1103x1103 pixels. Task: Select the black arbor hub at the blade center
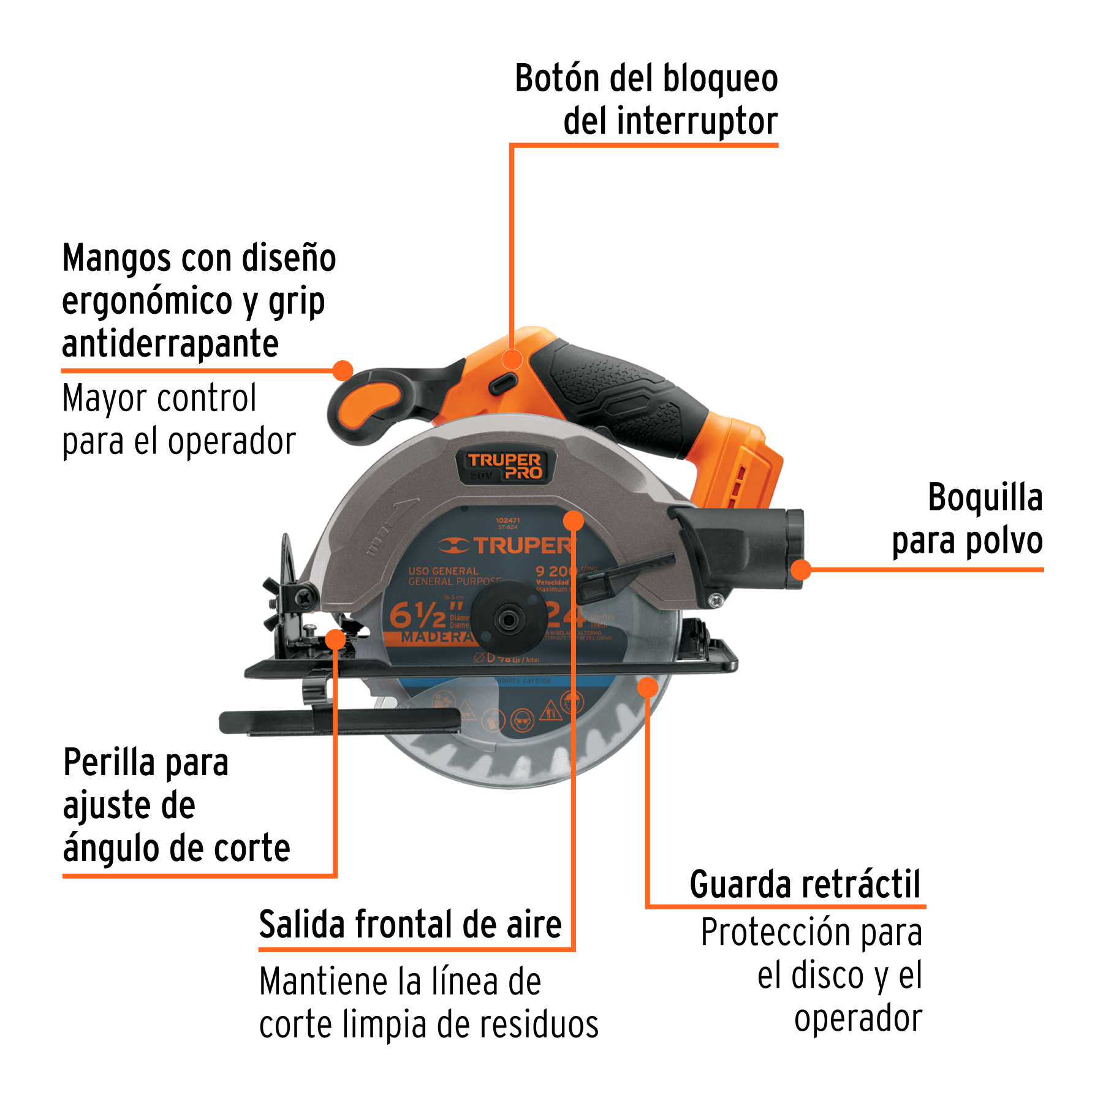tap(508, 620)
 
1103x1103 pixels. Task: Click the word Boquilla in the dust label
tap(985, 497)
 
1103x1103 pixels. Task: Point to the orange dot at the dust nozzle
tap(801, 570)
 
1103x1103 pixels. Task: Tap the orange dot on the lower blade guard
tap(647, 687)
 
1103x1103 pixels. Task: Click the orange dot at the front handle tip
tap(343, 370)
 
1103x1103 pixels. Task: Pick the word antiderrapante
tap(170, 344)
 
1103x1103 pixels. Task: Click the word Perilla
tap(109, 763)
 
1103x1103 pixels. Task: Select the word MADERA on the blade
tap(436, 638)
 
